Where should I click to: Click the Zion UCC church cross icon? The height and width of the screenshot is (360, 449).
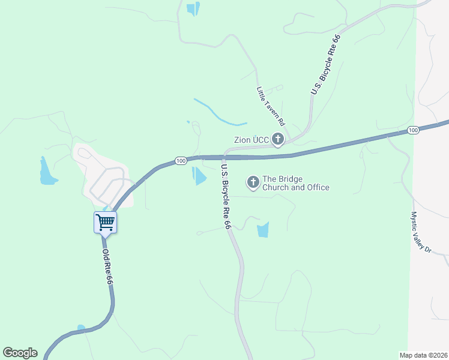click(277, 140)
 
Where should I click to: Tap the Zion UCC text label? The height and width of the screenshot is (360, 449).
click(251, 140)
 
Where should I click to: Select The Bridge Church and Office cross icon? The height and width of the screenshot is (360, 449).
click(253, 182)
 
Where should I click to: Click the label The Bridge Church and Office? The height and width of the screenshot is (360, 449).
click(296, 183)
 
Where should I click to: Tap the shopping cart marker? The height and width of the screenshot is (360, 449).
click(105, 222)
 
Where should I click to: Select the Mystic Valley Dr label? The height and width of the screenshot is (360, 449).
click(420, 231)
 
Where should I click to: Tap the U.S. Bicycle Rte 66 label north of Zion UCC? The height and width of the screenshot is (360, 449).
click(325, 65)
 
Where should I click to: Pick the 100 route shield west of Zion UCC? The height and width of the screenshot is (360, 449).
click(181, 161)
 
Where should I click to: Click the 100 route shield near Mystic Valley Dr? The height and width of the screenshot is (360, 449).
click(412, 130)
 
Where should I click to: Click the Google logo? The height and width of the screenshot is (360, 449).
click(20, 353)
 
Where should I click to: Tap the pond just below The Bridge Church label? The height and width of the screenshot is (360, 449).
click(263, 229)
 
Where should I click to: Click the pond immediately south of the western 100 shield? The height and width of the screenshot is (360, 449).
click(199, 176)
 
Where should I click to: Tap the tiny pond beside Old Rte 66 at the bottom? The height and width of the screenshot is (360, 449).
click(81, 328)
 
